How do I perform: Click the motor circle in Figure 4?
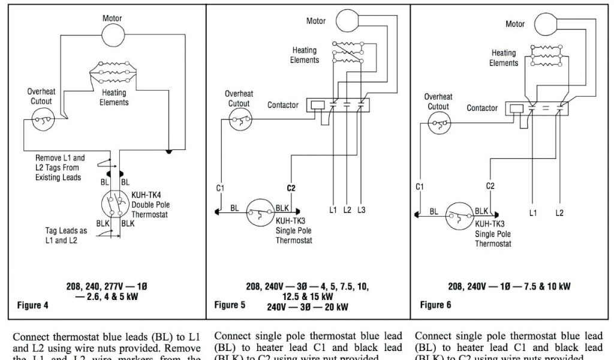[112, 36]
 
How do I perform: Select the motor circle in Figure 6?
[546, 25]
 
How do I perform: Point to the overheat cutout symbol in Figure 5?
[240, 119]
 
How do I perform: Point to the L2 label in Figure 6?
[559, 212]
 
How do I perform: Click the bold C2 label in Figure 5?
[291, 188]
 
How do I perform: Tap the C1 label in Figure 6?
[420, 187]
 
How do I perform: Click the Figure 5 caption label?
[230, 305]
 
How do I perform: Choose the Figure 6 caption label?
[436, 305]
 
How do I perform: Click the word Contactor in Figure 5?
[283, 105]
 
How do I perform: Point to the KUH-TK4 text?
[146, 195]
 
